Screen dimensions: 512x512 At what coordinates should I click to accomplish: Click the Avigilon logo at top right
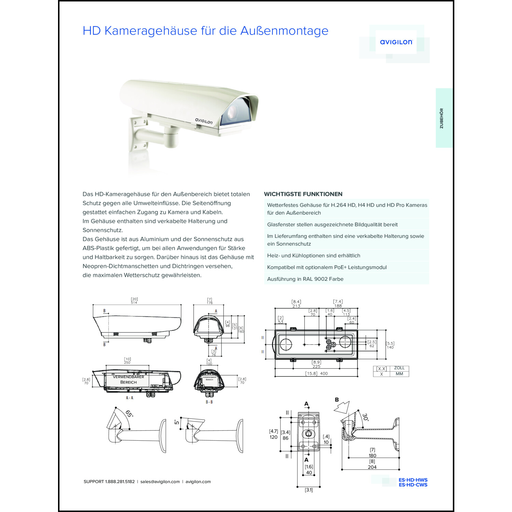click(396, 42)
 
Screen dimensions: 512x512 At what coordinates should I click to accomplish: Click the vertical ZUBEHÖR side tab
click(441, 118)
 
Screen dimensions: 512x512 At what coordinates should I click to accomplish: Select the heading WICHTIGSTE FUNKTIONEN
click(303, 194)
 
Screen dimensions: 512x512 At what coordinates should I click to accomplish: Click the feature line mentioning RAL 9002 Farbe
click(305, 279)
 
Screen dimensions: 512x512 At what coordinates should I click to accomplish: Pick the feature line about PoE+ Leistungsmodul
click(327, 267)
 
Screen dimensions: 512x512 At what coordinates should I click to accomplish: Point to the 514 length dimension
click(134, 302)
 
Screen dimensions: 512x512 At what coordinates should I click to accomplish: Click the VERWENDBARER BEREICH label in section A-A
click(128, 380)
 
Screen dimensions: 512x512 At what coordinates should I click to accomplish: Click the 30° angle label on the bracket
click(365, 417)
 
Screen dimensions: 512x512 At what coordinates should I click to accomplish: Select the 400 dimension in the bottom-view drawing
click(324, 373)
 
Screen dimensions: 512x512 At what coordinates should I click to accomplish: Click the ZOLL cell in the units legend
click(399, 368)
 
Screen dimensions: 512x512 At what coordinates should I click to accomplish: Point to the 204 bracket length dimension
click(372, 467)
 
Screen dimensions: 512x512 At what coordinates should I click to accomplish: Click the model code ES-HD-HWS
click(413, 480)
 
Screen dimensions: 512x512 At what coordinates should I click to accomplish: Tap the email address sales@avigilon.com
click(160, 482)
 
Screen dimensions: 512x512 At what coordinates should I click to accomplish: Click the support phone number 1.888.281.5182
click(120, 482)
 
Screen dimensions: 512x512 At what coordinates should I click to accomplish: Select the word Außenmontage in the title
click(284, 31)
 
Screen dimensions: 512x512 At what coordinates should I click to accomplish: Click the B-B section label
click(209, 402)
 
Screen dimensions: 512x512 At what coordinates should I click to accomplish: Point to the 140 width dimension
click(390, 347)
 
